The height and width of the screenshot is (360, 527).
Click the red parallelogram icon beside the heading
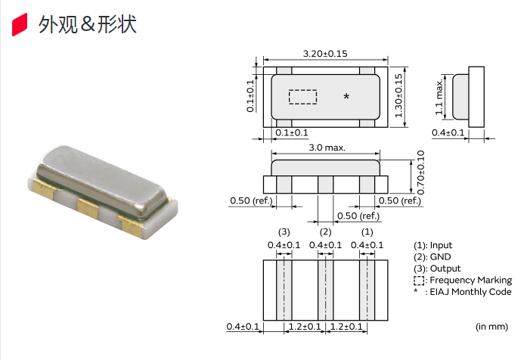(20, 24)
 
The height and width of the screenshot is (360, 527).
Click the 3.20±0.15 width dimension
(325, 54)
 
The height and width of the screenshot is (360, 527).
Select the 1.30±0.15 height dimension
(398, 96)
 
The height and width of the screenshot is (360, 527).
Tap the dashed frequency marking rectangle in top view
(303, 97)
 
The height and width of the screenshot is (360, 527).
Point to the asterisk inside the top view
(346, 97)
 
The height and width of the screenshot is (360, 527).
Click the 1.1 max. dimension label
(439, 97)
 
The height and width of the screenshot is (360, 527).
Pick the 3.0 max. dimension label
(327, 147)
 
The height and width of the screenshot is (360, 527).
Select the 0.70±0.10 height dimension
(421, 172)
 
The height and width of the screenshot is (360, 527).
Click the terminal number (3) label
(284, 232)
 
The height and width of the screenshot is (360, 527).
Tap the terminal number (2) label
(325, 232)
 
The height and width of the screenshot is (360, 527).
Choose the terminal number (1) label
(367, 232)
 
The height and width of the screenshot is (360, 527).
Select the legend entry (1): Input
(433, 245)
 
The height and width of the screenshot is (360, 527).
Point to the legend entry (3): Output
(437, 268)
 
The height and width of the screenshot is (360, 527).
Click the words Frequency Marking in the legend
(471, 280)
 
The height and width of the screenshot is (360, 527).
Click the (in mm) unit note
(491, 327)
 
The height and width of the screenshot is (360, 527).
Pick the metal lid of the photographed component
(101, 180)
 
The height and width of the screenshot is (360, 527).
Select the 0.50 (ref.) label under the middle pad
(358, 216)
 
